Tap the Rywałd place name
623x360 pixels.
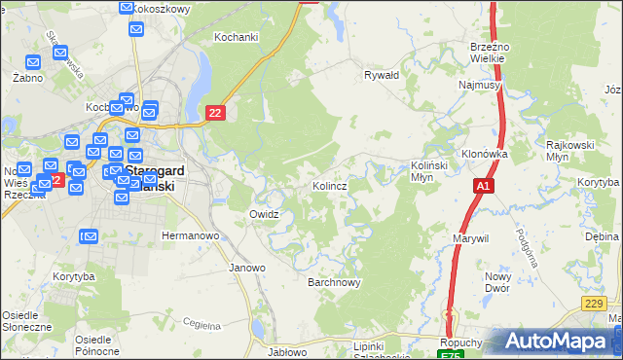click(x=382, y=74)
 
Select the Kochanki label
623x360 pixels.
click(x=236, y=38)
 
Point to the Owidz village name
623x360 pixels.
click(x=265, y=214)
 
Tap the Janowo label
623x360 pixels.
click(x=247, y=268)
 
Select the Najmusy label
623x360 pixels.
click(x=479, y=86)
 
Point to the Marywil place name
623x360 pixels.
click(x=469, y=238)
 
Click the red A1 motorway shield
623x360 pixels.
click(x=484, y=185)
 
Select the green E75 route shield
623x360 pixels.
click(x=451, y=355)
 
